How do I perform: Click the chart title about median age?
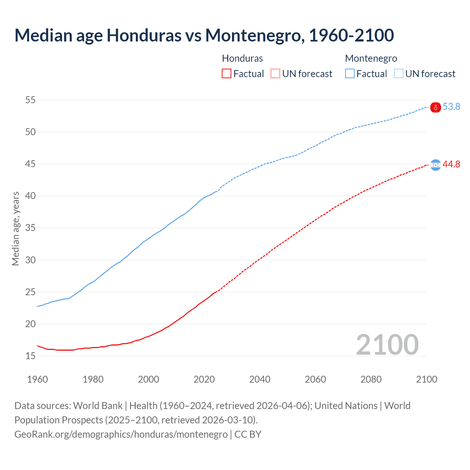(x=204, y=35)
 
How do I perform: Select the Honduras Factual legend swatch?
(x=227, y=74)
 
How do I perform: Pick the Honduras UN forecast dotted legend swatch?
(x=275, y=74)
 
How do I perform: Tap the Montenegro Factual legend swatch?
(x=350, y=74)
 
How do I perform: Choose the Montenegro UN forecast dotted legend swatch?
(x=399, y=74)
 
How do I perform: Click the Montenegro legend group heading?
(x=371, y=58)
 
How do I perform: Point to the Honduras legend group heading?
(x=242, y=58)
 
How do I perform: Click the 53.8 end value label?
(x=451, y=106)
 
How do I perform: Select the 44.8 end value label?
(x=451, y=164)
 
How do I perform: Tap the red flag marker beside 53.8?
(x=435, y=107)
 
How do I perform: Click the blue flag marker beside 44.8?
(x=435, y=165)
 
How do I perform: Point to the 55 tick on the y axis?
(x=30, y=100)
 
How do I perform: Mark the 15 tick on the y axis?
(x=30, y=356)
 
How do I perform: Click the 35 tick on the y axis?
(x=30, y=228)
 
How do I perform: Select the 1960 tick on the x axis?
(x=37, y=379)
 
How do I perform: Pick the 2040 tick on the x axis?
(x=260, y=379)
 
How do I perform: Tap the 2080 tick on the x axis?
(x=371, y=379)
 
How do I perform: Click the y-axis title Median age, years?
(x=15, y=228)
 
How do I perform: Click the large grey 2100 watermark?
(x=387, y=344)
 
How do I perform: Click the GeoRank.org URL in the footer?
(x=121, y=434)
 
